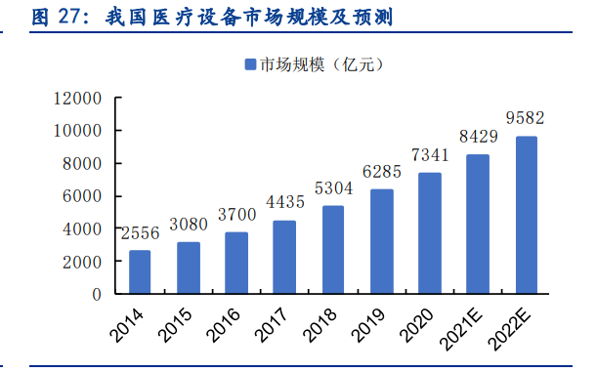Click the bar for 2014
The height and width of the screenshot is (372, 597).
[140, 271]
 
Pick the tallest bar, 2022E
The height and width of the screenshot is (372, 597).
[526, 215]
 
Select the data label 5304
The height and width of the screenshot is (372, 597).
[332, 188]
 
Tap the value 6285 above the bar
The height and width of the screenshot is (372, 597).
[381, 172]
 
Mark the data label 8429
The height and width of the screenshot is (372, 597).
[477, 137]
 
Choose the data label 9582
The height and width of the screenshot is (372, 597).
[526, 118]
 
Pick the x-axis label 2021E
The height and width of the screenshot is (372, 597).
[467, 327]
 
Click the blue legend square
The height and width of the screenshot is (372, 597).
[249, 65]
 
